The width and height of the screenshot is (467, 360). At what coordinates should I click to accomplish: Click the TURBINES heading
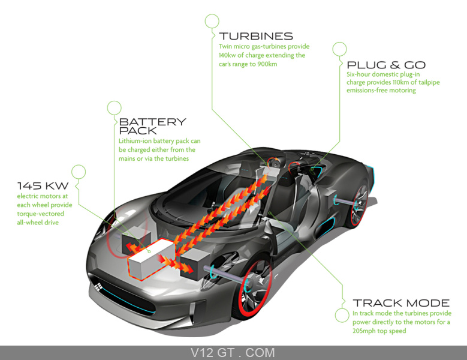(256, 37)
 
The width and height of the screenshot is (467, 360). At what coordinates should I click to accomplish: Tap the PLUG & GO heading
(386, 65)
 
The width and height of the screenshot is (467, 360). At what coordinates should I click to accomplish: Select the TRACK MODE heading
(401, 303)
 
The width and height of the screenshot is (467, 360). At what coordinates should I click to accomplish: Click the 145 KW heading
(43, 186)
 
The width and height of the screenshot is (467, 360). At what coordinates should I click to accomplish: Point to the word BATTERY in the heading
(152, 122)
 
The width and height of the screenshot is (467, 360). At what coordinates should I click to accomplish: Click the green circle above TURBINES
(212, 21)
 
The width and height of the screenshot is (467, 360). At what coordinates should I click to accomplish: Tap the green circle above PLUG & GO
(339, 49)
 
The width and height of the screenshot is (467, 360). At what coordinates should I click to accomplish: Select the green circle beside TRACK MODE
(342, 315)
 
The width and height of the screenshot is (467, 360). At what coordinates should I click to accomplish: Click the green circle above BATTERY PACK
(115, 108)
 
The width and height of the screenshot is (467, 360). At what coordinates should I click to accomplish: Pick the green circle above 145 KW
(79, 172)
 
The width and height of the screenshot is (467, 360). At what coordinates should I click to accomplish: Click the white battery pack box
(150, 259)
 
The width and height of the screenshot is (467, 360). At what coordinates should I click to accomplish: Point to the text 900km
(267, 64)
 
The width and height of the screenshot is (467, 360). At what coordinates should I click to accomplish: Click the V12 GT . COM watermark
(233, 353)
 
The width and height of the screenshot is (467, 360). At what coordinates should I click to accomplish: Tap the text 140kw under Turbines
(227, 55)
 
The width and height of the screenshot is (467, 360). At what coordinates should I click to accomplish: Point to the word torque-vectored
(41, 214)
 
